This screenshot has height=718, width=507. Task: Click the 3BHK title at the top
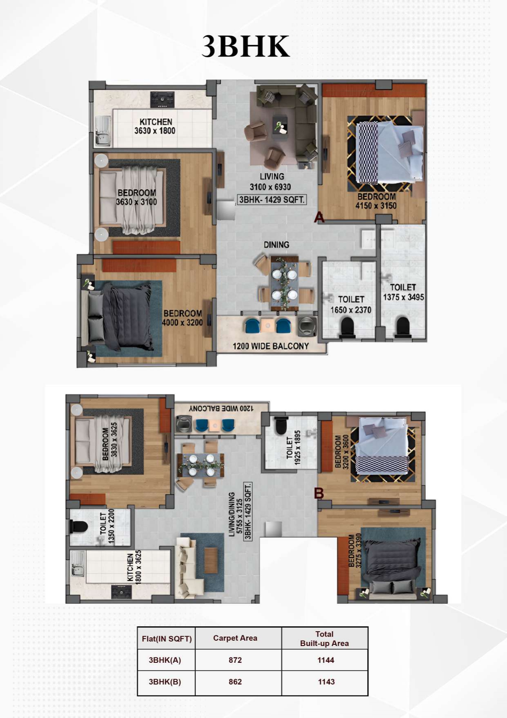click(246, 46)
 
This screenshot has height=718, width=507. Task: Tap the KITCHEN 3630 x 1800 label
click(155, 126)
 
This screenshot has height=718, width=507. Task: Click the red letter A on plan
click(319, 217)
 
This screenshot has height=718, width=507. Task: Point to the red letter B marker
click(319, 493)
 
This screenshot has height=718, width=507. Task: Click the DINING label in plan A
click(276, 245)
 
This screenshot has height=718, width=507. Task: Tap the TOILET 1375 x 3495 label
click(403, 293)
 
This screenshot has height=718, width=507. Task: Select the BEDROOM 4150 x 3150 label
click(376, 201)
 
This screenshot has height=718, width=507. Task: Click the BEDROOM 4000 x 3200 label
click(182, 318)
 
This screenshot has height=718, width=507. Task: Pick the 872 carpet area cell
click(235, 660)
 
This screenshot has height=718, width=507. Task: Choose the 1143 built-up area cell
click(326, 682)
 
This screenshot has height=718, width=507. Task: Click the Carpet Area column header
click(235, 638)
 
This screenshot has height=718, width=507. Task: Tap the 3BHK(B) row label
click(165, 682)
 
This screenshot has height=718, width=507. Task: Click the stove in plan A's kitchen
click(162, 99)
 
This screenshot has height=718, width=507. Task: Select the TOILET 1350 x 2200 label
click(107, 527)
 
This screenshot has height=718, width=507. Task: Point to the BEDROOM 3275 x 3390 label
click(355, 550)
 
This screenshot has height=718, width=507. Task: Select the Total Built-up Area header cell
click(325, 638)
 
